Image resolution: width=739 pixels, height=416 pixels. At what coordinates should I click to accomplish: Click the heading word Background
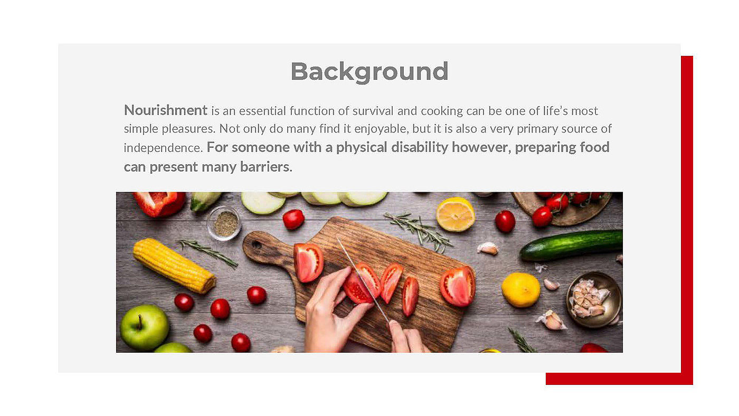tap(369, 72)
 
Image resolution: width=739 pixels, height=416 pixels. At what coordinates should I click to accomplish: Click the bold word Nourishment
tap(166, 110)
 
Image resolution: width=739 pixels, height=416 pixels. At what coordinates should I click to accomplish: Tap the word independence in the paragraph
tap(163, 147)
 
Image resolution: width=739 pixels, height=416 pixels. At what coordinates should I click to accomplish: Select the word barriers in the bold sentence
tap(266, 167)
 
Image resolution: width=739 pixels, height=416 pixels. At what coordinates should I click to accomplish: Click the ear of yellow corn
tap(174, 265)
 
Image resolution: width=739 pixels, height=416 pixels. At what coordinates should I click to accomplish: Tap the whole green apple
tap(144, 327)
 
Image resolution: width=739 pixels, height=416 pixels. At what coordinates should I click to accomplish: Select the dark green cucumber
tap(571, 245)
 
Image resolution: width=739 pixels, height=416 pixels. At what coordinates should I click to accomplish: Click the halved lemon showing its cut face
tap(455, 214)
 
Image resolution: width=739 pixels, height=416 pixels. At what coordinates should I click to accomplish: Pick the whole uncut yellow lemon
tap(520, 290)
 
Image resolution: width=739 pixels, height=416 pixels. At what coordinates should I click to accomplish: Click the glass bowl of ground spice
tap(224, 223)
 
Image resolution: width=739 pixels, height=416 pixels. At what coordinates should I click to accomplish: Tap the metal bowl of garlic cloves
tap(594, 299)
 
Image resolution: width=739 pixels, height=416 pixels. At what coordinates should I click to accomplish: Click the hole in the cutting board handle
tap(257, 244)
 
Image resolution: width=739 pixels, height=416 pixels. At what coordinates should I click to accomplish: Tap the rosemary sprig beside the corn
tap(208, 252)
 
